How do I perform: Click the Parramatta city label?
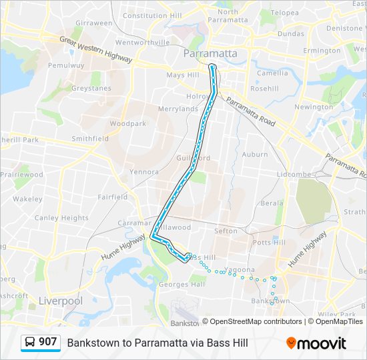point(212,53)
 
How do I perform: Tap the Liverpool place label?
point(60,301)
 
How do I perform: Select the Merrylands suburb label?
point(178,109)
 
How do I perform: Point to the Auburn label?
point(255,154)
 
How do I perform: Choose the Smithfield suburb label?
point(90,139)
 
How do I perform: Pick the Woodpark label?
point(127,123)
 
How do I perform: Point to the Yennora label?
point(144,171)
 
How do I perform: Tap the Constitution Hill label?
point(153,15)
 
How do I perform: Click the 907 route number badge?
point(47,342)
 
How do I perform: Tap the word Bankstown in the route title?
point(91,343)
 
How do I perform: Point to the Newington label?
point(313,107)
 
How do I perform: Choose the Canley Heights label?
point(61,218)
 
